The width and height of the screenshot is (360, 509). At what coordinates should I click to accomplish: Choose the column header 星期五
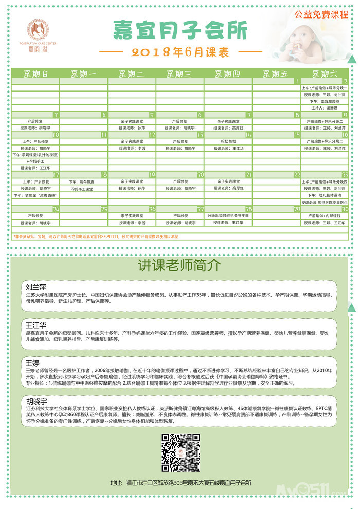pyautogui.click(x=276, y=74)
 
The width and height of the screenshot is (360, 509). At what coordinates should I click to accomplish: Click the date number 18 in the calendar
pyautogui.click(x=104, y=175)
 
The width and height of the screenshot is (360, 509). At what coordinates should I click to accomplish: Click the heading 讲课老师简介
pyautogui.click(x=179, y=265)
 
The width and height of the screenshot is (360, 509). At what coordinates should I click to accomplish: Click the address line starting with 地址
pyautogui.click(x=181, y=483)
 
